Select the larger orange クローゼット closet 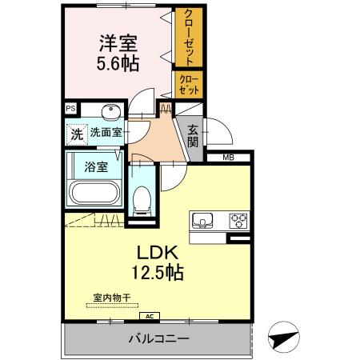tap(190, 38)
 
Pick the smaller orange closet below tap(189, 84)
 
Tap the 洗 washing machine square tap(75, 134)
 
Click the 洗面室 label tap(105, 133)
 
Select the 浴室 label tap(95, 167)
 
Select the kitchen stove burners tap(238, 218)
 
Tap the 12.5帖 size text tap(154, 273)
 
